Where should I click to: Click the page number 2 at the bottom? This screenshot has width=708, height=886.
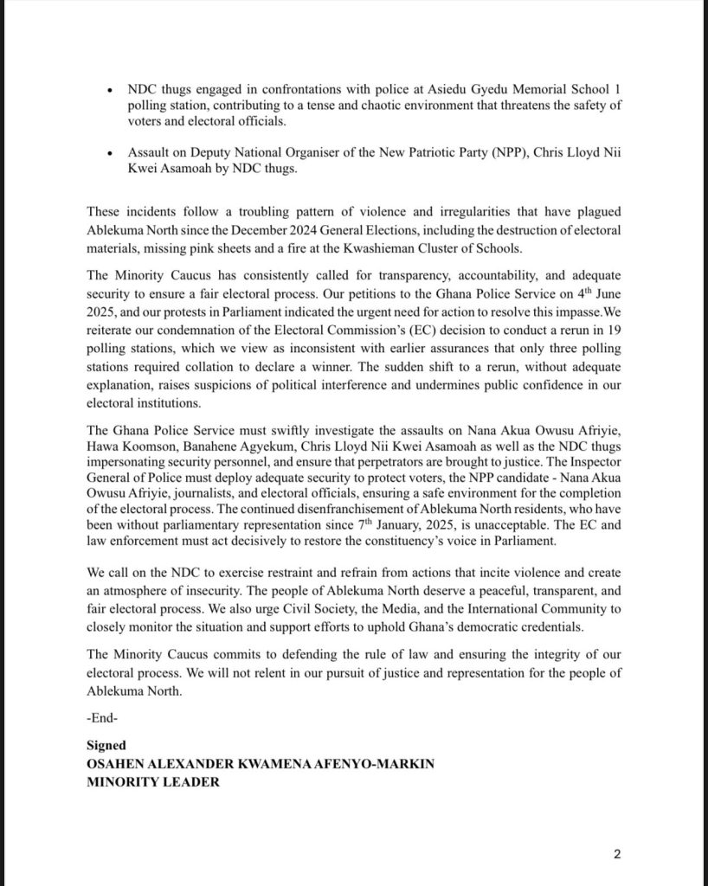[x=616, y=855]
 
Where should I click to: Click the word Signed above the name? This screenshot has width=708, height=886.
[x=106, y=745]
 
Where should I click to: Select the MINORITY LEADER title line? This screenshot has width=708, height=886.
[x=153, y=781]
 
